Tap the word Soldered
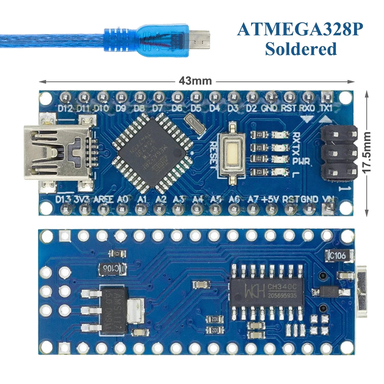(x=301, y=49)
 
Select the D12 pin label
(x=65, y=108)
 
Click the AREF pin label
(x=103, y=199)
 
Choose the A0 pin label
(x=122, y=199)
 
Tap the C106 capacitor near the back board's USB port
(x=336, y=255)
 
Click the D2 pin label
(x=251, y=108)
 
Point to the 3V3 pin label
(x=82, y=199)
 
